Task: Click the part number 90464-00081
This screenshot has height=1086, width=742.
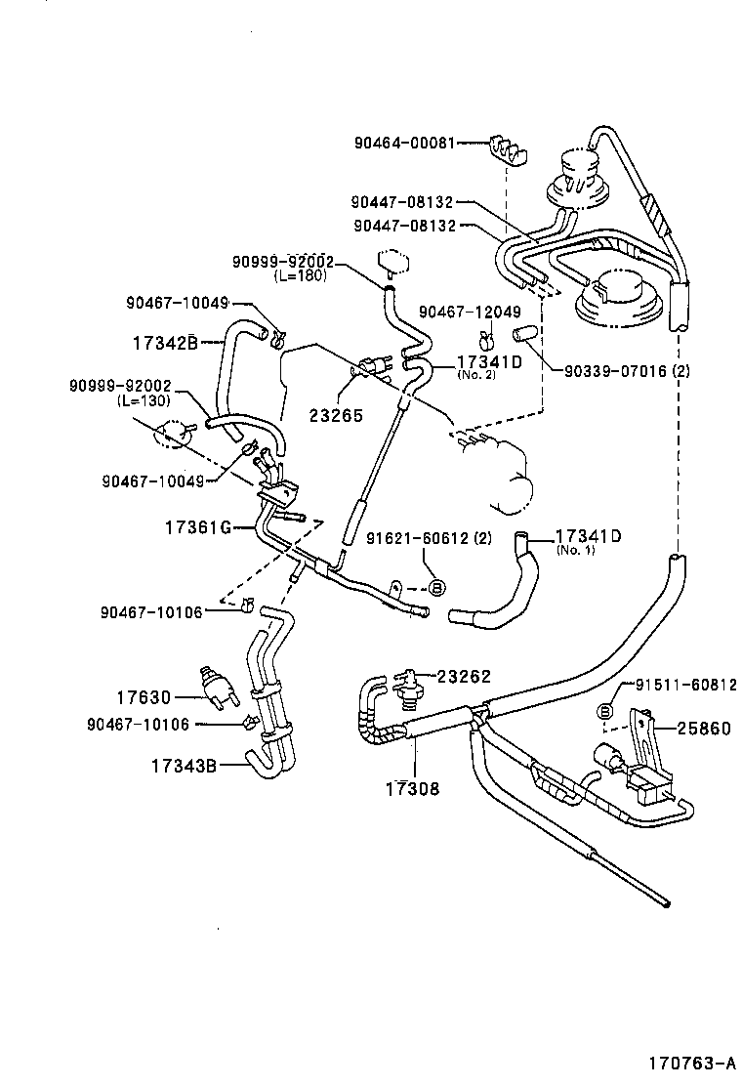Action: click(403, 143)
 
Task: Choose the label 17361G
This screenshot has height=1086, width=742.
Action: click(197, 527)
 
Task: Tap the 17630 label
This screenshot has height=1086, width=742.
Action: click(144, 697)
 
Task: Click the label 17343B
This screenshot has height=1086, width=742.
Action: click(183, 765)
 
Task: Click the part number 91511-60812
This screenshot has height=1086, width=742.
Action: click(686, 686)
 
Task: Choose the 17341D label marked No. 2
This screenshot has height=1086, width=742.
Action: click(490, 361)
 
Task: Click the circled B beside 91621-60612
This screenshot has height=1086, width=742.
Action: click(437, 586)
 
